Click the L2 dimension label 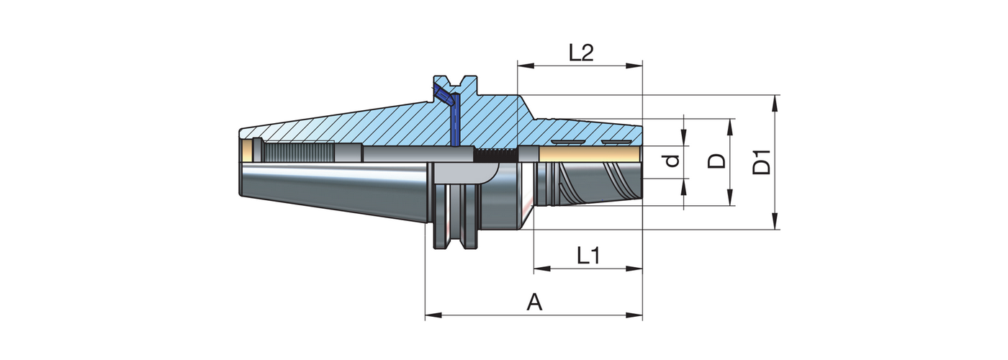click(580, 53)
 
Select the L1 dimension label click(588, 256)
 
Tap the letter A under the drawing click(534, 302)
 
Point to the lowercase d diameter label click(672, 161)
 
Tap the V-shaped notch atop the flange click(456, 81)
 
